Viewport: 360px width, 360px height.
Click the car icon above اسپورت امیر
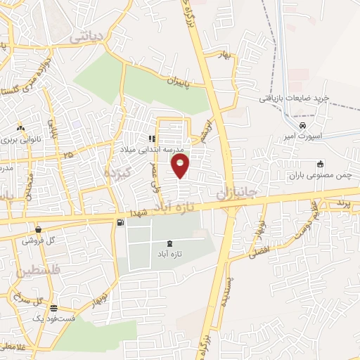coord(302,125)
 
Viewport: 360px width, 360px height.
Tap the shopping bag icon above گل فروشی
coord(37,230)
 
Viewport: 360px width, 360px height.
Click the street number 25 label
coord(68,155)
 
